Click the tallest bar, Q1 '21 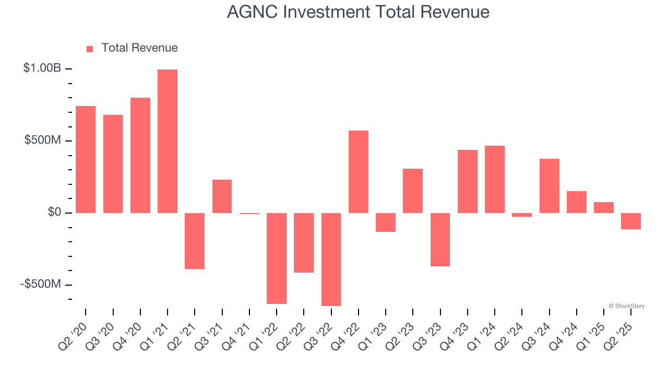(x=168, y=141)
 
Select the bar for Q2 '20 (x=86, y=159)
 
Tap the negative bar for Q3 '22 (x=331, y=259)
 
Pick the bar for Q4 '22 (x=359, y=171)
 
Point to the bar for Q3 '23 (x=440, y=239)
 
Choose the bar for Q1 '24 (x=495, y=179)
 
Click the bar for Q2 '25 (x=631, y=221)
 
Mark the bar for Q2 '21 (x=195, y=241)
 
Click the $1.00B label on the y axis (x=42, y=68)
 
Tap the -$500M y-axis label (x=41, y=285)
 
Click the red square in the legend (x=90, y=49)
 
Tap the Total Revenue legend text (x=139, y=48)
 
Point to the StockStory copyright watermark (x=626, y=306)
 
